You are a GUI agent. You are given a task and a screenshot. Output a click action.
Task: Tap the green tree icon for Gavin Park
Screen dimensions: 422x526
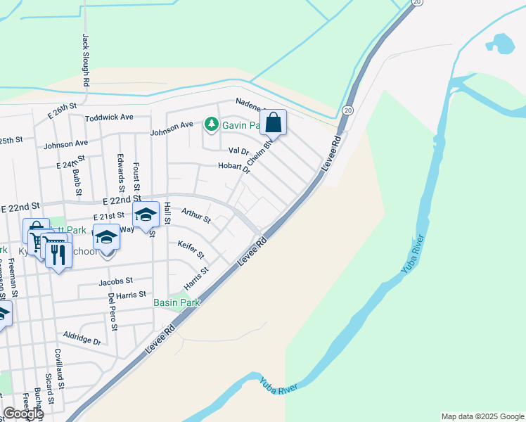tap(211, 124)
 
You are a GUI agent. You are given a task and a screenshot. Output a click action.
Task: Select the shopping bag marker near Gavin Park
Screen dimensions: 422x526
tap(273, 122)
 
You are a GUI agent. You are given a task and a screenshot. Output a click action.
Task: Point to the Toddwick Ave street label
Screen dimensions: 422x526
tap(109, 117)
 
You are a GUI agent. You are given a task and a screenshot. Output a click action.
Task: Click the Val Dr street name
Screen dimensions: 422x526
tap(239, 151)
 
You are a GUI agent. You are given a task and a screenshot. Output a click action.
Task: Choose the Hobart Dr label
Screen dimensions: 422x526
tap(235, 167)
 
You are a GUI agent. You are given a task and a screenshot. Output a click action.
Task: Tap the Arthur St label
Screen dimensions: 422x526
tap(196, 215)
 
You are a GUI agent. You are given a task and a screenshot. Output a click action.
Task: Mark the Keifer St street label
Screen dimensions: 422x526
tap(191, 249)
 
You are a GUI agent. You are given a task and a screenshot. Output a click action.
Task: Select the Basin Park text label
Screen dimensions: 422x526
tap(177, 302)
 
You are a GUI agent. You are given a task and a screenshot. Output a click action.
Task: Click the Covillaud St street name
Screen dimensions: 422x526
tap(60, 370)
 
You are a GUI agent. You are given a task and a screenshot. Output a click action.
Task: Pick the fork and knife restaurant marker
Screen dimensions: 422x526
tap(58, 254)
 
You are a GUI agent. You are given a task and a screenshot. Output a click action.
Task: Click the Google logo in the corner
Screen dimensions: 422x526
tap(23, 414)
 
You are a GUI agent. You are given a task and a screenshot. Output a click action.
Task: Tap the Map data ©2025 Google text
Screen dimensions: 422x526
tap(482, 416)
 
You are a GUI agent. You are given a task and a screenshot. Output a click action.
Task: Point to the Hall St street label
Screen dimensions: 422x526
tap(167, 213)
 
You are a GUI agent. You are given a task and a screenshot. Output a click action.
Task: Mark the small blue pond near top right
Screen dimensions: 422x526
tap(500, 44)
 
